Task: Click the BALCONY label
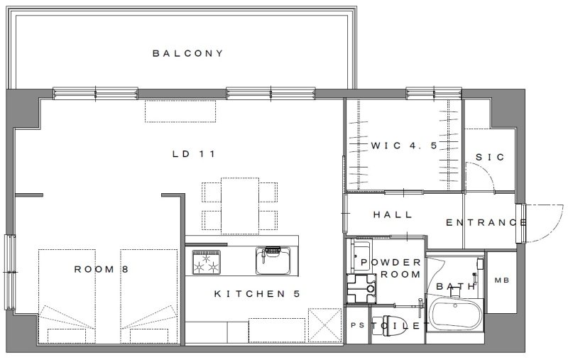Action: coord(187,53)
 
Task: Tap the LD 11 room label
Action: coord(194,154)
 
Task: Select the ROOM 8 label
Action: coord(102,269)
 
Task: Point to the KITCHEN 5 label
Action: coord(257,294)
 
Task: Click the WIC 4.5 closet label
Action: coord(404,146)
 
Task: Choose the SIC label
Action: coord(490,157)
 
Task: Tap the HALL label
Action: coord(393,214)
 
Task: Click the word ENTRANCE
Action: coord(486,222)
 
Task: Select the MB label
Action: coord(502,280)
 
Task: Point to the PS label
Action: coord(358,325)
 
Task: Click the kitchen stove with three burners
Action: coord(207,262)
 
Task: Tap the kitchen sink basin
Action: coord(273,261)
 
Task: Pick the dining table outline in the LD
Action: coord(240,206)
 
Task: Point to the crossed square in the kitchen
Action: coord(325,325)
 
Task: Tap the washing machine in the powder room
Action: coord(361,288)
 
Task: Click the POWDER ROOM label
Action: coord(391,268)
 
